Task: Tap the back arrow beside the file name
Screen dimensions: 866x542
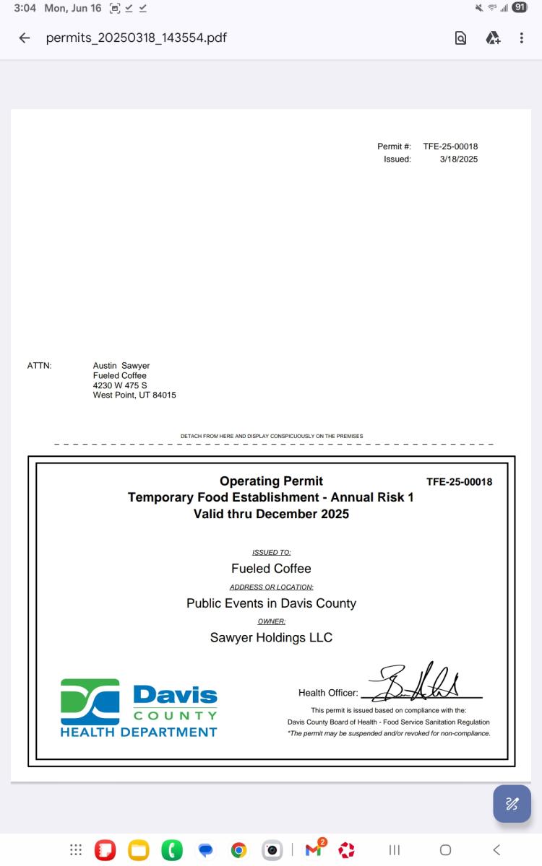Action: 25,38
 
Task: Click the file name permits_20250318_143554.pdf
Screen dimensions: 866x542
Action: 136,38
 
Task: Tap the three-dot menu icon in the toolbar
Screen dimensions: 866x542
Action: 521,38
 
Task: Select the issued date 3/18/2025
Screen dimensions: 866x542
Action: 459,159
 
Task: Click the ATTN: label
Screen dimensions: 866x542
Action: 39,366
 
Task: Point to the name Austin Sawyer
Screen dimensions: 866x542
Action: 121,366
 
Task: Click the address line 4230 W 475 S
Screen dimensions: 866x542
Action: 120,385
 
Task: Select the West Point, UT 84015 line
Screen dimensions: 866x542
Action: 134,395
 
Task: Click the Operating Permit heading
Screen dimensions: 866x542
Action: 271,481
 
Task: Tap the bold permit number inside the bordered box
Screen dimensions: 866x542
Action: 459,482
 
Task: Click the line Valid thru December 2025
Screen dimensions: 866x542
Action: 271,514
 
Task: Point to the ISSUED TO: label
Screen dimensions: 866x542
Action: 271,552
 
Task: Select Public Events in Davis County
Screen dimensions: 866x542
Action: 271,603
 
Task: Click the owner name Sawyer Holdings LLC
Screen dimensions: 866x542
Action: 271,638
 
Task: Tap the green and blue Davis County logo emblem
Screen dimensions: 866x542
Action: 90,701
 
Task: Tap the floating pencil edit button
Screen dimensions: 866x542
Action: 512,803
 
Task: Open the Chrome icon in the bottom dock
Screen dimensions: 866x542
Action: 238,850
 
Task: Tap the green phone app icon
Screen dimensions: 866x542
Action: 172,850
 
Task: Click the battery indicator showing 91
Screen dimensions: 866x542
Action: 520,8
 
